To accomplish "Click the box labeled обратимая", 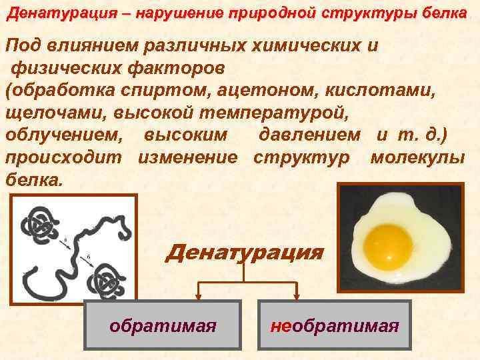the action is coord(163,326).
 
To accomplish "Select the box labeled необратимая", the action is coord(335,326).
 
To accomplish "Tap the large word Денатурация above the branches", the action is coord(244,253).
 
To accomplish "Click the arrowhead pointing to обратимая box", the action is coord(198,295).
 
